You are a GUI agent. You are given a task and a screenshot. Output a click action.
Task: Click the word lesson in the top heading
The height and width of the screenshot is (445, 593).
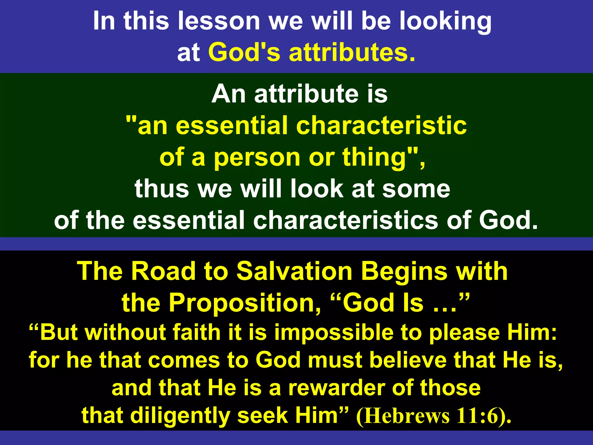coord(219,21)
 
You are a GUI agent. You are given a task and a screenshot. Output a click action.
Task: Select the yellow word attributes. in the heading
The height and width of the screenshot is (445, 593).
coord(352,52)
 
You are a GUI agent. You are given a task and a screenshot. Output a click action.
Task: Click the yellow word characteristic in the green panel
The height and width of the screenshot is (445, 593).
coord(381,126)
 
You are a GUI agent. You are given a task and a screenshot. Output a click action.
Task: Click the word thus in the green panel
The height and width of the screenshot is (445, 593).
coord(162,189)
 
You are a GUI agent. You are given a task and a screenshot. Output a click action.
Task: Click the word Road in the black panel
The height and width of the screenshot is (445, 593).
coord(163,271)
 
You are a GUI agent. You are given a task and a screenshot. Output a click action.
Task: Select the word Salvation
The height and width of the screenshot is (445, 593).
coord(294,271)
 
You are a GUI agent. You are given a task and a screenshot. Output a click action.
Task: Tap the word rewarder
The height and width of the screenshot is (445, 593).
coord(337,388)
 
